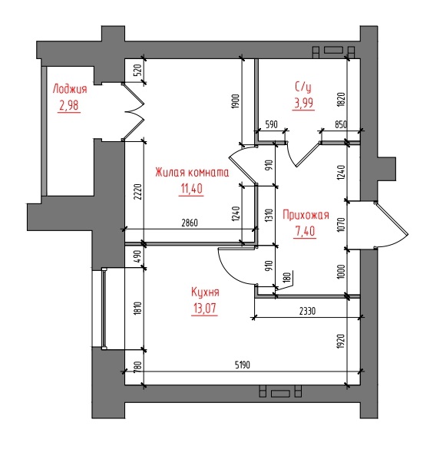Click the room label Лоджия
pyautogui.click(x=70, y=89)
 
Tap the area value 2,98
pyautogui.click(x=69, y=105)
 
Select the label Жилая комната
pyautogui.click(x=192, y=173)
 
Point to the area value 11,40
pyautogui.click(x=191, y=189)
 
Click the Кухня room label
pyautogui.click(x=205, y=292)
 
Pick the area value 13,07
pyautogui.click(x=205, y=309)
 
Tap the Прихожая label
pyautogui.click(x=306, y=215)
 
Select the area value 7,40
pyautogui.click(x=305, y=231)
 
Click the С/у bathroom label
pyautogui.click(x=303, y=87)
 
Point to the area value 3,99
pyautogui.click(x=303, y=103)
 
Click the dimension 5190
pyautogui.click(x=243, y=365)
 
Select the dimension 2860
pyautogui.click(x=190, y=223)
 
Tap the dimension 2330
pyautogui.click(x=307, y=311)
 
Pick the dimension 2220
pyautogui.click(x=138, y=192)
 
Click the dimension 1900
pyautogui.click(x=236, y=101)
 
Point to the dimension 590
pyautogui.click(x=272, y=124)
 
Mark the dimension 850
pyautogui.click(x=341, y=124)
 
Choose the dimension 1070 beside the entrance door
pyautogui.click(x=342, y=225)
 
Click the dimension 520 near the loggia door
pyautogui.click(x=138, y=70)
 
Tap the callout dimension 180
pyautogui.click(x=288, y=277)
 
